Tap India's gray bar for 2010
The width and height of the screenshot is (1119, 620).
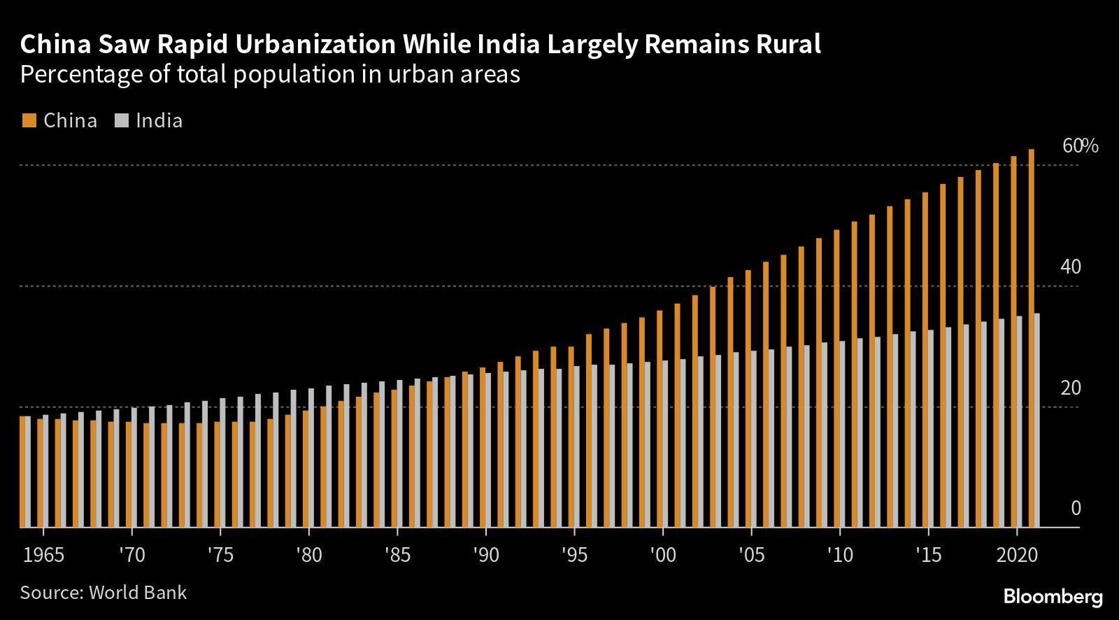(x=842, y=434)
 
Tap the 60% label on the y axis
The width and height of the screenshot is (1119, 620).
(x=1080, y=146)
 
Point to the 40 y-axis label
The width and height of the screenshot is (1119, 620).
(x=1070, y=267)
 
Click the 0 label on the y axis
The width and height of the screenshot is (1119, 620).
(x=1076, y=509)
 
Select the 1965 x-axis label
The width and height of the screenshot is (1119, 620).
(x=43, y=556)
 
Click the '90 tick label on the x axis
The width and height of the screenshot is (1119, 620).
(x=485, y=556)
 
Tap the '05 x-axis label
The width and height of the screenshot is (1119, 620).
(x=750, y=556)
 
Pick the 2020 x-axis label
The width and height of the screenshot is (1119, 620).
(x=1016, y=556)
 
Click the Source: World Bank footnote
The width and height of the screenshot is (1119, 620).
(x=104, y=593)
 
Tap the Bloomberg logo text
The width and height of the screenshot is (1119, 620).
(x=1053, y=597)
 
